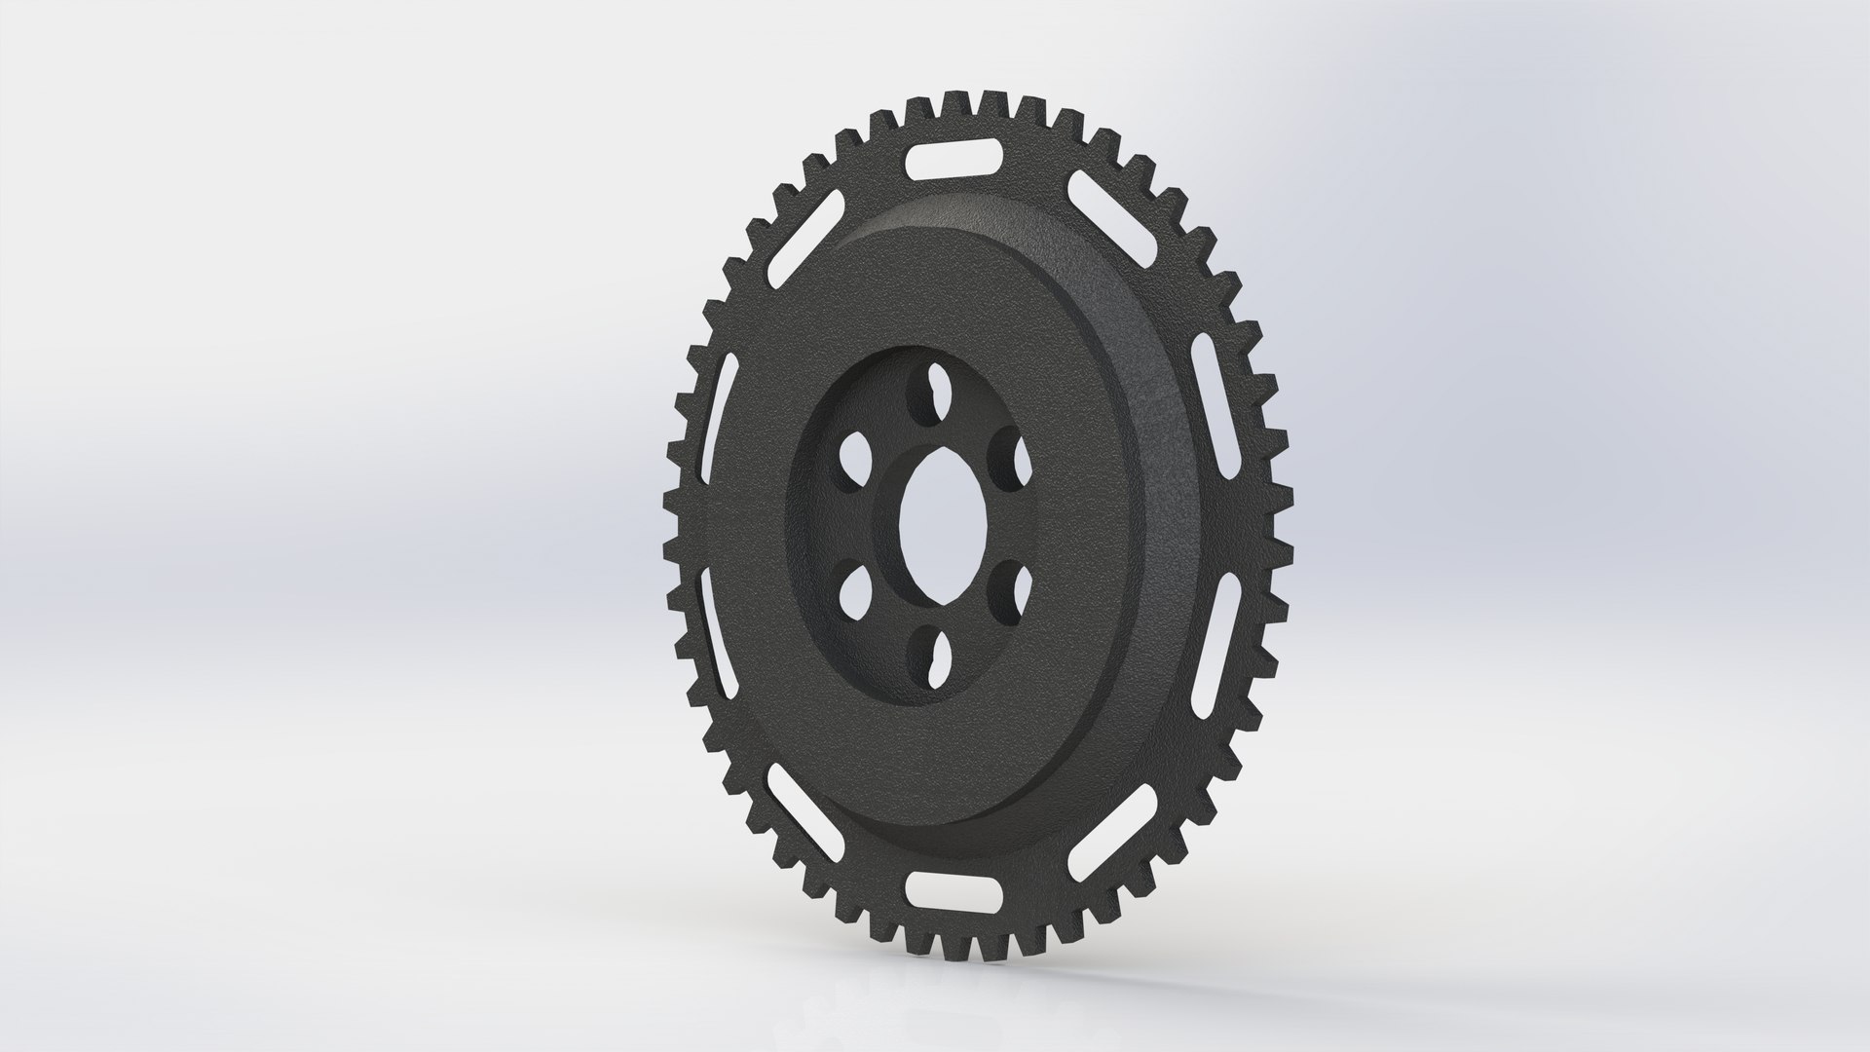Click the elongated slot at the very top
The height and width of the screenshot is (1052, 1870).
(955, 163)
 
